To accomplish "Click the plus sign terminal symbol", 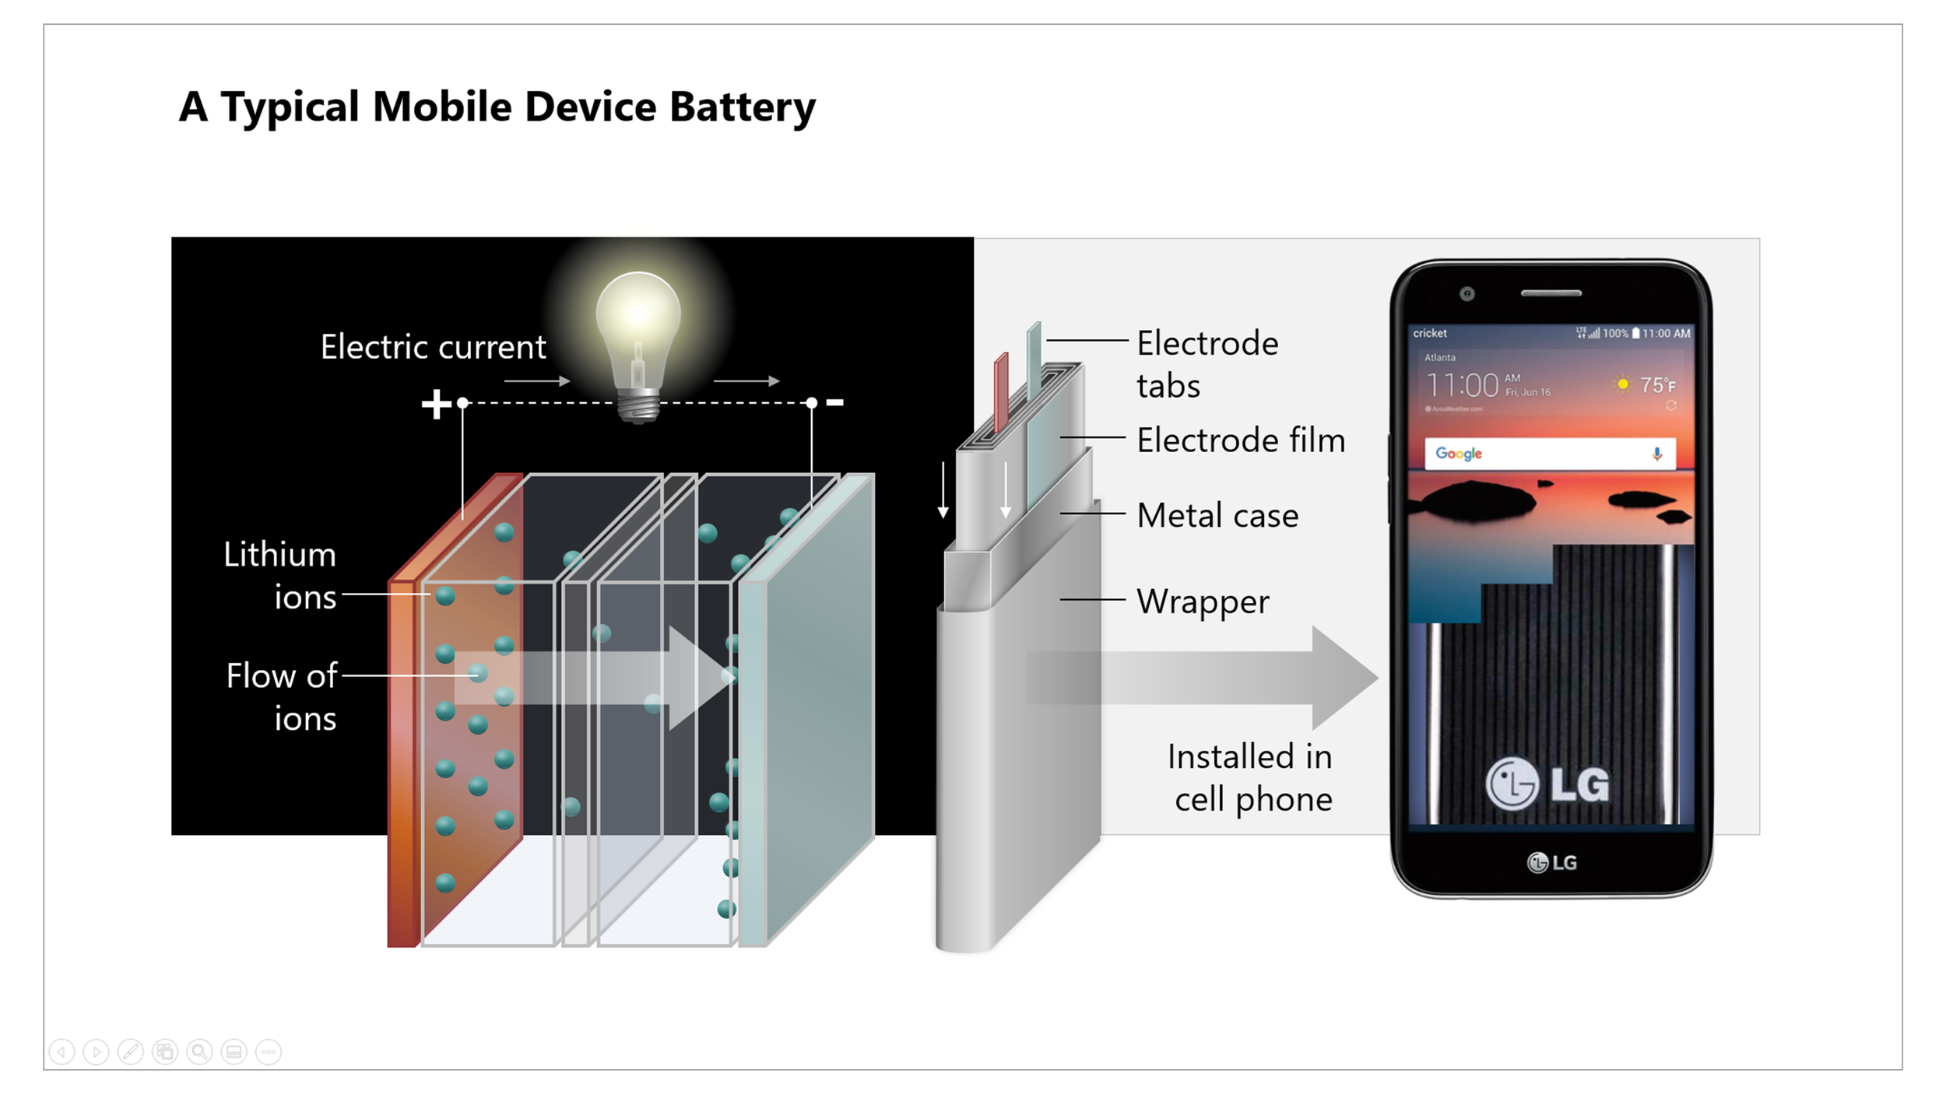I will [x=436, y=404].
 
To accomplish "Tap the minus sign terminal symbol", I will [x=834, y=402].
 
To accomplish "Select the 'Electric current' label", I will [x=433, y=347].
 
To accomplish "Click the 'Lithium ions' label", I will [x=280, y=576].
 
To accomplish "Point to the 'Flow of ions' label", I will [x=282, y=696].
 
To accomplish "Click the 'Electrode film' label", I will [x=1241, y=440].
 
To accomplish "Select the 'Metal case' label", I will [x=1217, y=516].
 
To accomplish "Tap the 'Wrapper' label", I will [x=1203, y=601].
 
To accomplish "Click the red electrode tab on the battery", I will [x=1001, y=389].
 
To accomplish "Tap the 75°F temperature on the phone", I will [x=1656, y=385].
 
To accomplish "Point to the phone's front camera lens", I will [x=1467, y=293].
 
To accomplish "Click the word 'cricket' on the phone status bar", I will [x=1430, y=333].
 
